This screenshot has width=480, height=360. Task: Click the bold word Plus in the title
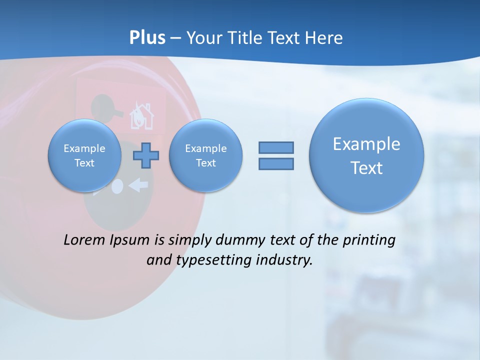point(147,38)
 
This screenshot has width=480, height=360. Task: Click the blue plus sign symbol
point(145,155)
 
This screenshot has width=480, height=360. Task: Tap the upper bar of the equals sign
point(276,147)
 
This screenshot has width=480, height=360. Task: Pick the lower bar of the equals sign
point(276,163)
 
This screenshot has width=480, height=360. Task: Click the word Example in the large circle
point(366,144)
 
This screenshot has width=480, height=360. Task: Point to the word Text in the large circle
point(366,168)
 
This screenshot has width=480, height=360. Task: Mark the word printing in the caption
point(368,240)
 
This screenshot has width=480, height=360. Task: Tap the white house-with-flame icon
point(142,117)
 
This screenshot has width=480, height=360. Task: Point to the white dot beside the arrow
point(117,186)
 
